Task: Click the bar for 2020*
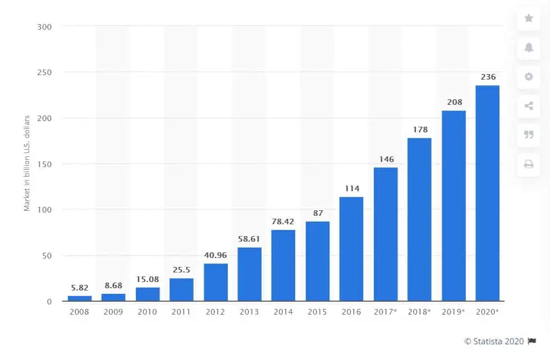[x=487, y=193]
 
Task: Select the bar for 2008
[x=80, y=298]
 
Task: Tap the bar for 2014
[x=283, y=265]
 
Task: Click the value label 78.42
[x=283, y=222]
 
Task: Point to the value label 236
[x=487, y=77]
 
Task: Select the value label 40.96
[x=216, y=256]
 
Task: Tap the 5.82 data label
[x=80, y=288]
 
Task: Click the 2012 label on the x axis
[x=216, y=312]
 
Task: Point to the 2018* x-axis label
[x=419, y=312]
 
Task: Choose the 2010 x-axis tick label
[x=148, y=312]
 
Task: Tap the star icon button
[x=529, y=18]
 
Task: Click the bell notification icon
[x=529, y=47]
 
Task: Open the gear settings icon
[x=529, y=76]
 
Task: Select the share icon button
[x=529, y=105]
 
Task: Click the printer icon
[x=529, y=164]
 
